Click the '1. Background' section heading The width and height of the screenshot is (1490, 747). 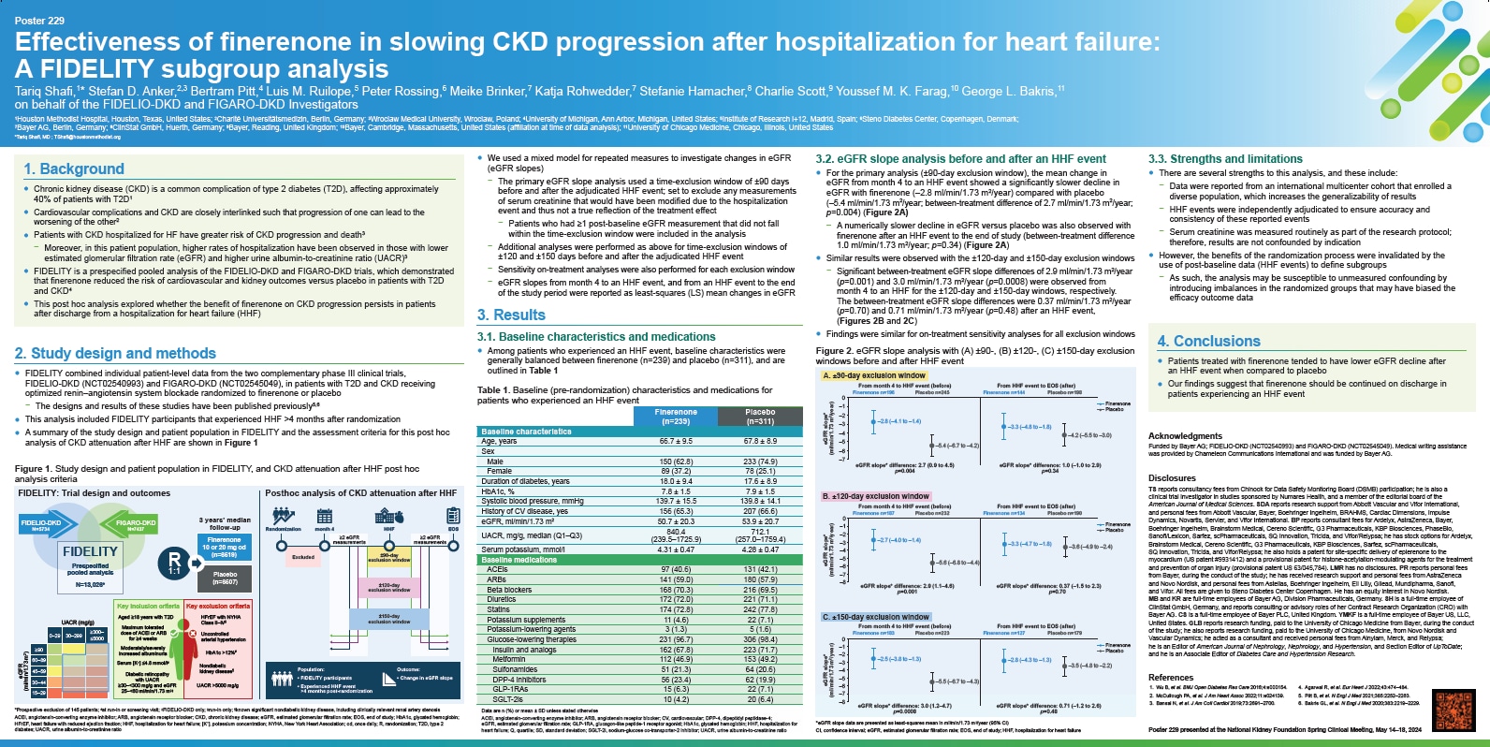74,168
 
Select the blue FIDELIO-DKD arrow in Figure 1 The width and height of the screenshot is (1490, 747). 42,525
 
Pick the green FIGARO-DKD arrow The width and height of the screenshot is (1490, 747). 134,525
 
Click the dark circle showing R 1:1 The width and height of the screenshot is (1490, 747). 174,564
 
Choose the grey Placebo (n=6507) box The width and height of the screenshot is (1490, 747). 225,578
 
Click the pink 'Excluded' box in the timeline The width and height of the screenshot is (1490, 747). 303,557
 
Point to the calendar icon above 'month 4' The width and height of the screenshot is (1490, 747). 325,516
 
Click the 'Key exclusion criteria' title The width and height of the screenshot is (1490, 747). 218,607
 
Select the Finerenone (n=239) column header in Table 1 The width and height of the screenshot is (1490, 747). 676,417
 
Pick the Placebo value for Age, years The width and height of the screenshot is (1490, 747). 759,441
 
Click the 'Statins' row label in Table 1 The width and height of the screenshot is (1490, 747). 499,609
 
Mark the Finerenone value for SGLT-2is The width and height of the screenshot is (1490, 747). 676,699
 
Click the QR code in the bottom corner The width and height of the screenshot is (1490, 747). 1453,710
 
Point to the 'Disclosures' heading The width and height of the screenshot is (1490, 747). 1172,477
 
